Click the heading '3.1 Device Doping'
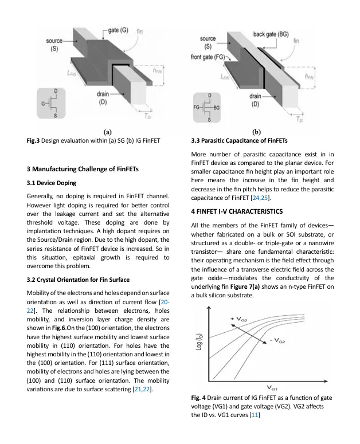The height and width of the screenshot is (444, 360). (51, 183)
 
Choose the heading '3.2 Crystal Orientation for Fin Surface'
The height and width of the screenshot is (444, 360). (78, 280)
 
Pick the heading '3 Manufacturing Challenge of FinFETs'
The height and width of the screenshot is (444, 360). (83, 169)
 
